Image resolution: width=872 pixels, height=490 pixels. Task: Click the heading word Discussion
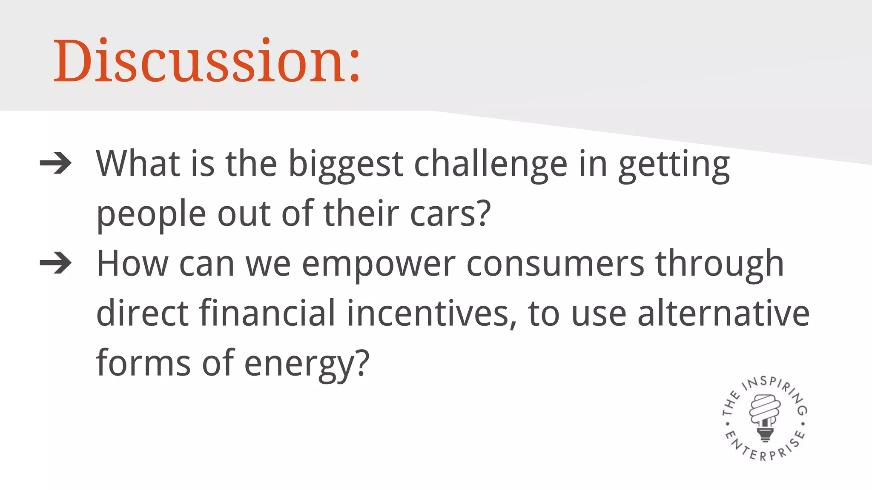click(200, 61)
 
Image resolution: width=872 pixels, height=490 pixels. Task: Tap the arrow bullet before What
click(55, 163)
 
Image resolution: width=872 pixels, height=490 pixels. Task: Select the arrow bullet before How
click(55, 263)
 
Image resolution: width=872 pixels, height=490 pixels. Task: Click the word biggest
click(346, 165)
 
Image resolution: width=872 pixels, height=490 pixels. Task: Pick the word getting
click(674, 166)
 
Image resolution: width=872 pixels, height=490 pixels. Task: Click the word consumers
click(555, 264)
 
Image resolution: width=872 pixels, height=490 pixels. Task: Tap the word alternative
click(723, 313)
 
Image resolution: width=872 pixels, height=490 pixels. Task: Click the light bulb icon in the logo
click(765, 417)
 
